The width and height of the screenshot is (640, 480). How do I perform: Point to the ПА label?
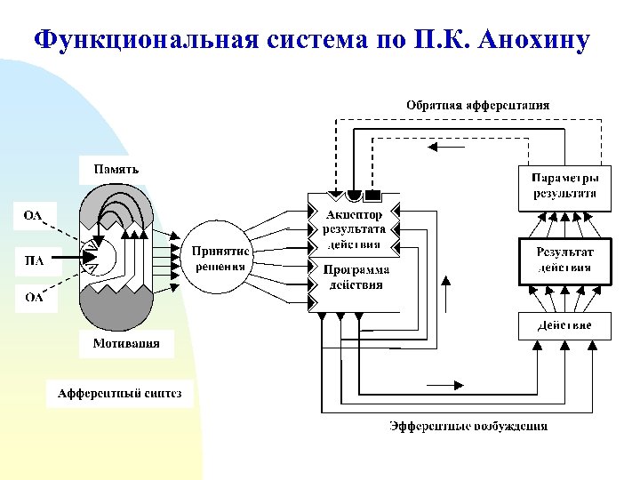[34, 260]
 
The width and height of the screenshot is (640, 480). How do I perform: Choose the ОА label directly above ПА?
[34, 214]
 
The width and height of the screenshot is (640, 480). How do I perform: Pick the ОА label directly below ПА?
[34, 298]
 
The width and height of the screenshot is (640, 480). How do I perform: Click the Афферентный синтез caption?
[119, 393]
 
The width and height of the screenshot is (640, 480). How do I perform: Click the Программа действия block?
[354, 277]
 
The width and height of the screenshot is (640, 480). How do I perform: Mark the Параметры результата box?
[564, 185]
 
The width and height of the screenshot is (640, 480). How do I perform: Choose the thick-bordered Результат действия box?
[564, 260]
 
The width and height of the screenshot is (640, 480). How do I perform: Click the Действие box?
[564, 325]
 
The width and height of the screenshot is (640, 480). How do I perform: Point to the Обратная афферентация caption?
[477, 105]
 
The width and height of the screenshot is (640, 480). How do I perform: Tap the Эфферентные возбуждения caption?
[468, 426]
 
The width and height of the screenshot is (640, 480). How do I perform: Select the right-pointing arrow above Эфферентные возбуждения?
[445, 385]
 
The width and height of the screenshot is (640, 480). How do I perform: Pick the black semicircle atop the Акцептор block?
[354, 195]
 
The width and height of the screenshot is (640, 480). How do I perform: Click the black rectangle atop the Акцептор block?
[373, 194]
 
